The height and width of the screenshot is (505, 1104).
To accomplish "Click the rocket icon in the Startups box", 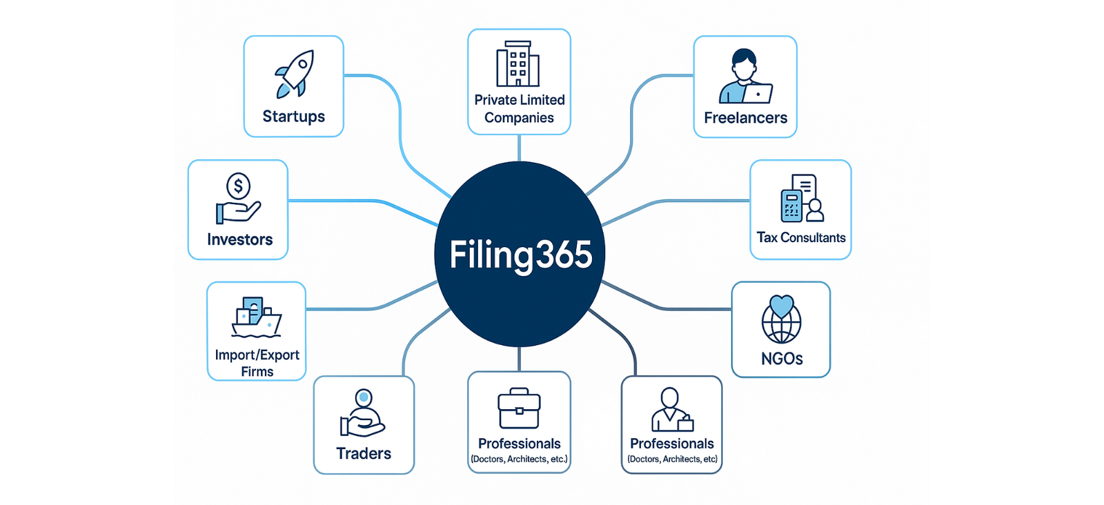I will pos(295,73).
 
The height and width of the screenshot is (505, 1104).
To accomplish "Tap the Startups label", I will pos(293,117).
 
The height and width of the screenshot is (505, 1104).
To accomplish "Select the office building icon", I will pos(518,64).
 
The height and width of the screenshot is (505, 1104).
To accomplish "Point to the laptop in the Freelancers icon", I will pos(758,93).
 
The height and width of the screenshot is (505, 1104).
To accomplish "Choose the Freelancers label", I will pos(745,118).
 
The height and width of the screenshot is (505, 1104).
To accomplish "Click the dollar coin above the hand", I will pos(239,186).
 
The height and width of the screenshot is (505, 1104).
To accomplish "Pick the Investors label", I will pos(239,239).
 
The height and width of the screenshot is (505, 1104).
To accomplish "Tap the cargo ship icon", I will pos(256,317).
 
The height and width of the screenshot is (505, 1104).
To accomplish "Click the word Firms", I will pos(257,372).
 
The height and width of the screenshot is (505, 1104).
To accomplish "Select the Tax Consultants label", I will pos(801,237).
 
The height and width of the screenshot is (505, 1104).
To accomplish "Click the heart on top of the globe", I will pos(782,305).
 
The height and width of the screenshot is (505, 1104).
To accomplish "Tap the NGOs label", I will pos(782,359).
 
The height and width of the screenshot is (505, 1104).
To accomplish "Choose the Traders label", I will pos(364,453).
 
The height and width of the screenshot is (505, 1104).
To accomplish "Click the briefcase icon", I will pos(519,408).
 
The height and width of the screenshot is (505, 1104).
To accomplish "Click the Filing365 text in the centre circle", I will pos(521,255).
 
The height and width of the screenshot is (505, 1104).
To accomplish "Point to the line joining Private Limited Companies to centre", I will pos(519,148).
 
